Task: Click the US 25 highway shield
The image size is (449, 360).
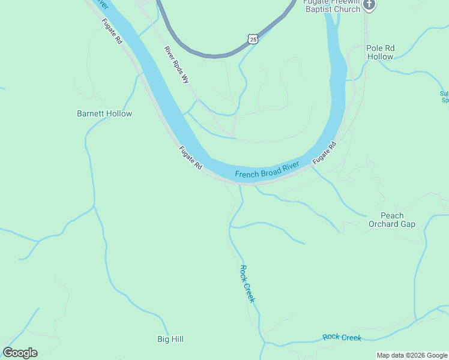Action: tap(253, 39)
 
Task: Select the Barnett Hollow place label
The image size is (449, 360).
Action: tap(104, 113)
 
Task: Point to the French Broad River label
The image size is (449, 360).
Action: tap(267, 170)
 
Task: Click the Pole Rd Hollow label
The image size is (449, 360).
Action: tap(381, 52)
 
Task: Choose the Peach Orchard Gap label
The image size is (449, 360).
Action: tap(392, 220)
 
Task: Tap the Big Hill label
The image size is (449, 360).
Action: tap(170, 339)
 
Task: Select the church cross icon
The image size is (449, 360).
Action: tap(370, 5)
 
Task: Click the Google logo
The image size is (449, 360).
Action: tap(20, 353)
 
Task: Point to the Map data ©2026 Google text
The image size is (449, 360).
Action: tap(412, 355)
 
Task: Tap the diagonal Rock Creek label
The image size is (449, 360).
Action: tap(247, 283)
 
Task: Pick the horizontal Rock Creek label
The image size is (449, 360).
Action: tap(342, 337)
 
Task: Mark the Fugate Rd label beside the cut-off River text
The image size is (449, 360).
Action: tap(112, 32)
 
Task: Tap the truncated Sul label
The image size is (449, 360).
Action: tap(444, 97)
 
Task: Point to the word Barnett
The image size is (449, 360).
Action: tap(91, 113)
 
